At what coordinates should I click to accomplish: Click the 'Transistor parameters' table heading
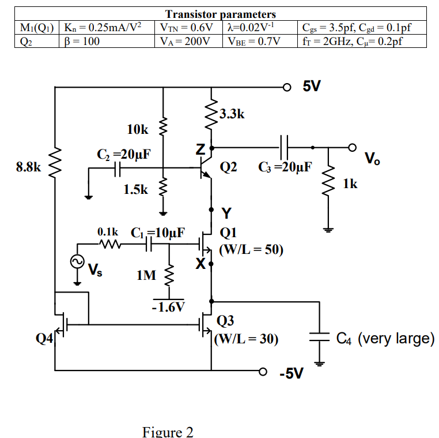(x=220, y=14)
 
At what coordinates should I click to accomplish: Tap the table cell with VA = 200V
(x=186, y=42)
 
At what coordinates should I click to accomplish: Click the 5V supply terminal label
(x=312, y=87)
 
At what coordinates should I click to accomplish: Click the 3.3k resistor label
(x=232, y=114)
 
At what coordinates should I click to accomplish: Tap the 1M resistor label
(x=146, y=276)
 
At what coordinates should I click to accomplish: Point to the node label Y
(x=226, y=214)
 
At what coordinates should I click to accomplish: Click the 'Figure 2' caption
(x=168, y=432)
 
